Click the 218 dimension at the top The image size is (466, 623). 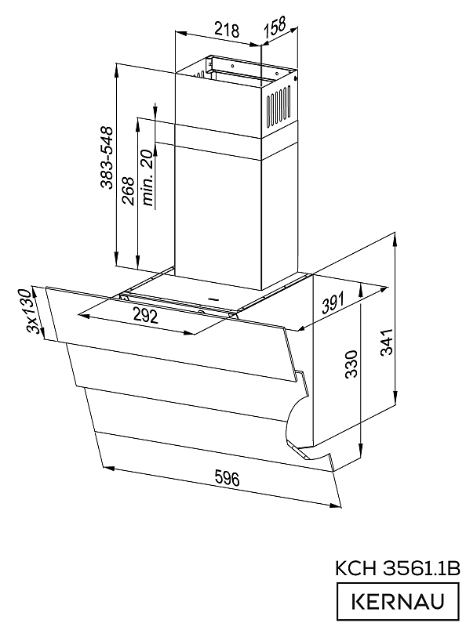point(227,30)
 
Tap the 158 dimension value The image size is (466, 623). point(275,26)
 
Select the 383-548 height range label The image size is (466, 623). point(107,158)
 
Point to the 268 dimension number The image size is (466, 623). point(128,191)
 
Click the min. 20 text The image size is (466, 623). point(147,178)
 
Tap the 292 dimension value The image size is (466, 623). point(145,316)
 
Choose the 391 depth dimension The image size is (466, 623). point(333,303)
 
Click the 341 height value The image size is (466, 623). point(387,342)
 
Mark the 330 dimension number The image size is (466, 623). point(351,364)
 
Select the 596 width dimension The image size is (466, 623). point(227,478)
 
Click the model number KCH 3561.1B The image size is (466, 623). point(398,568)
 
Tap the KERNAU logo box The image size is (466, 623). point(398,602)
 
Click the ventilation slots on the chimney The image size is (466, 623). point(279,107)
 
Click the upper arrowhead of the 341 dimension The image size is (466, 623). point(395,241)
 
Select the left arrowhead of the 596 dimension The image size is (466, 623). point(108,469)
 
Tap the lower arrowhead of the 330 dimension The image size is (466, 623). point(361,451)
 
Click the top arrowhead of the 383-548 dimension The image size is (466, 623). point(116,70)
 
